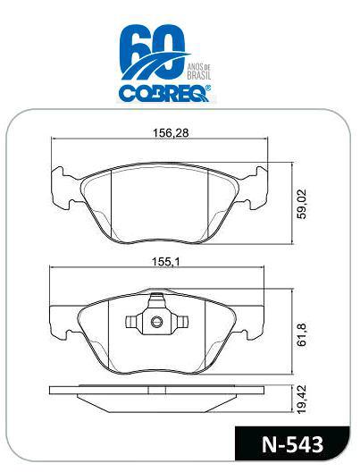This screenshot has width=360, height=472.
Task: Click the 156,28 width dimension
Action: coord(171,132)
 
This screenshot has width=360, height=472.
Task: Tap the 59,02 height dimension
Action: coord(301,204)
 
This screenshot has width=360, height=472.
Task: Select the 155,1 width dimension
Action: coord(165,262)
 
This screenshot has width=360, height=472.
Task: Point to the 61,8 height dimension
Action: coord(301,334)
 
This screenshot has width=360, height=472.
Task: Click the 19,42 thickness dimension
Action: coord(301,400)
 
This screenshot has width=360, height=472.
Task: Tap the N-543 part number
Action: coord(293,444)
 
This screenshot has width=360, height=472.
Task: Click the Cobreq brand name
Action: coord(163,93)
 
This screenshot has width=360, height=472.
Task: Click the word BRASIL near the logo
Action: coord(199,75)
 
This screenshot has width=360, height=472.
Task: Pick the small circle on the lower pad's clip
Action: coord(156,322)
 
